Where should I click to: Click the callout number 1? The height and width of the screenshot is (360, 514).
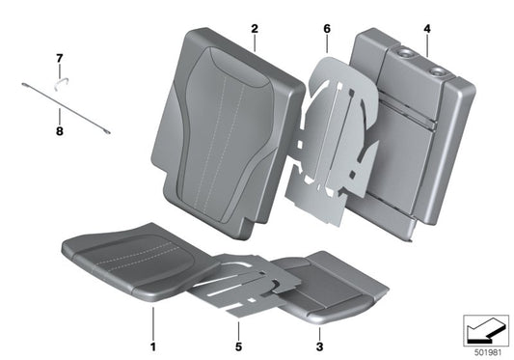(152, 343)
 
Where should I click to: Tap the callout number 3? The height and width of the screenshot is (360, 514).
(319, 343)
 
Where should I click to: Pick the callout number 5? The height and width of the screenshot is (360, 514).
(236, 343)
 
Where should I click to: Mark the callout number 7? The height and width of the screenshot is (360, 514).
(59, 60)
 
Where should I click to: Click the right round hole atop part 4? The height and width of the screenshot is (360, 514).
(439, 69)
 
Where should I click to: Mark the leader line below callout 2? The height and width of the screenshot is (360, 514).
(254, 43)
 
